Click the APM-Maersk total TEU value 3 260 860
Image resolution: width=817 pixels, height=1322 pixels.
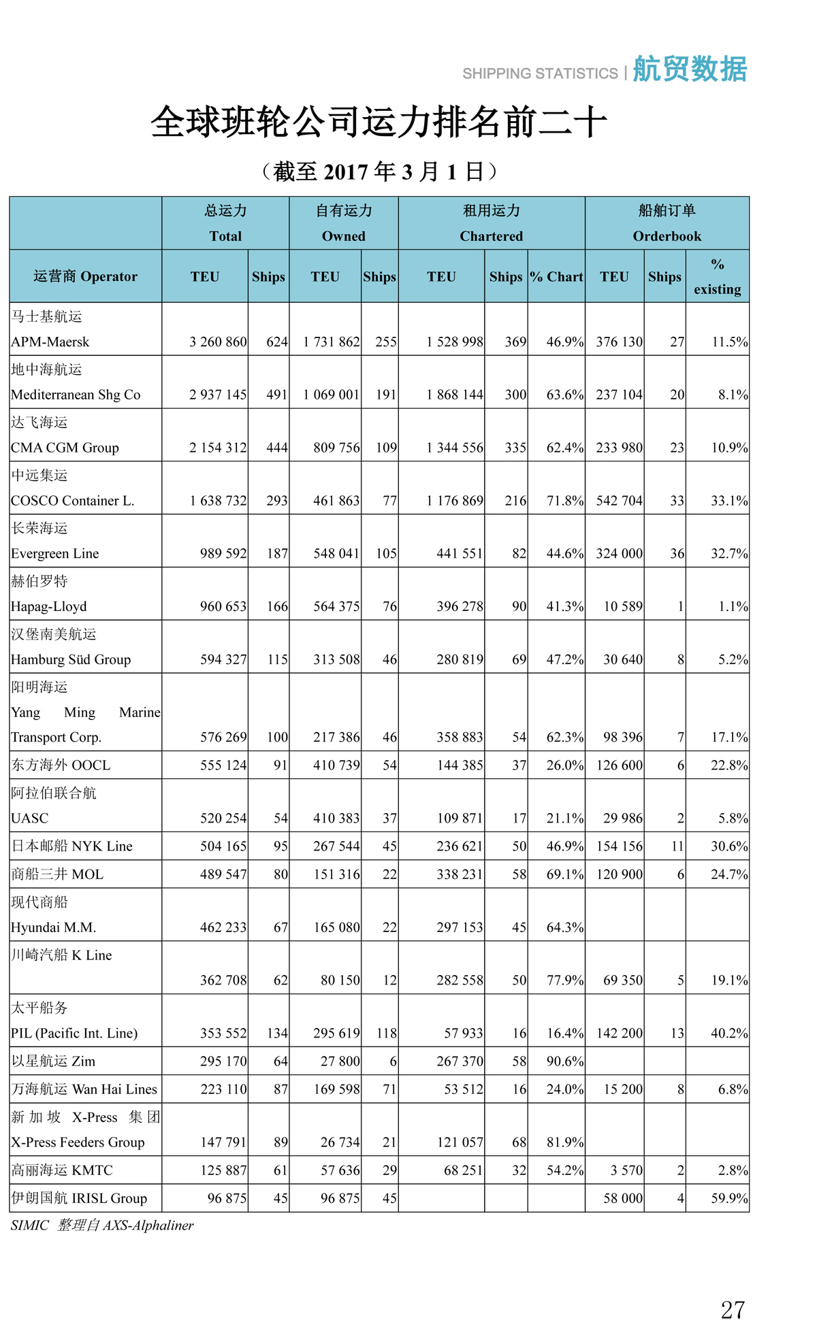click(218, 342)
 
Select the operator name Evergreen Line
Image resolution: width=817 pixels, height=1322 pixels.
click(55, 553)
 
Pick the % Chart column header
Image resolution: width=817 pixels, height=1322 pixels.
click(556, 276)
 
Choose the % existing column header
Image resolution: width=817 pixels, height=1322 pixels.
click(717, 276)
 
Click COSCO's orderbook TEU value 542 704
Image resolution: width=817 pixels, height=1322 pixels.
click(619, 501)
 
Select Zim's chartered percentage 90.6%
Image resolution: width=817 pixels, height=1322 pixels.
click(564, 1061)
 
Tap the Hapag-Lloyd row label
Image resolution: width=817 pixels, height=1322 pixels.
click(49, 606)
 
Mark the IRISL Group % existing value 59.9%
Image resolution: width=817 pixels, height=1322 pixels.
click(729, 1197)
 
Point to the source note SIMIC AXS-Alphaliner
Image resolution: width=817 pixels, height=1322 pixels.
click(102, 1225)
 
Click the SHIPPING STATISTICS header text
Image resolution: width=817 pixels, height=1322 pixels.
click(540, 73)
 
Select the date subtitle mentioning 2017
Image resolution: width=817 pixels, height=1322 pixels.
click(379, 171)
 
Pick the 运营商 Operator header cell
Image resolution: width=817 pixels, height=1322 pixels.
click(85, 276)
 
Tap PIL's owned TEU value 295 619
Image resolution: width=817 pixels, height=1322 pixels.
click(336, 1033)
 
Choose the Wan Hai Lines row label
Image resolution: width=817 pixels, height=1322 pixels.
click(84, 1089)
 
